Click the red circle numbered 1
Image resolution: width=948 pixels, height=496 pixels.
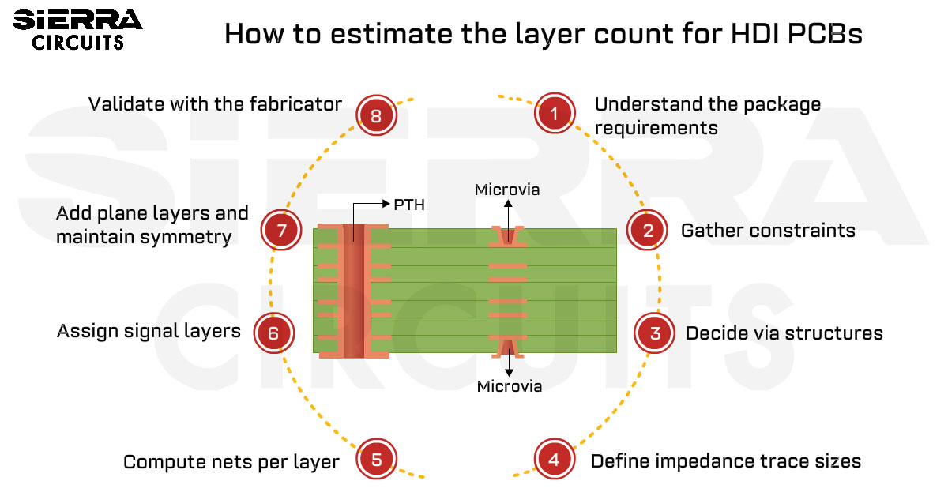(555, 113)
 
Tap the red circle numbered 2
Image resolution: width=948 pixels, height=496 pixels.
(647, 230)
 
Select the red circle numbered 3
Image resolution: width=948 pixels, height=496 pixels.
(654, 333)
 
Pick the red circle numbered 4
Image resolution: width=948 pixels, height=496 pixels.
(555, 459)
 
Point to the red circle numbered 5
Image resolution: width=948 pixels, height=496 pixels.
(376, 459)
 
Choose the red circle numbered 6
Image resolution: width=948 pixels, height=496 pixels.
(274, 333)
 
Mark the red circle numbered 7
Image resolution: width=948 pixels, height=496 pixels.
(281, 230)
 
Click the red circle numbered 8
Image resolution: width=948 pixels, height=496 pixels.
(376, 115)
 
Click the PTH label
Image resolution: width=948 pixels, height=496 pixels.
(409, 205)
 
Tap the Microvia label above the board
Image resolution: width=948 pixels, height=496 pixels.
(507, 190)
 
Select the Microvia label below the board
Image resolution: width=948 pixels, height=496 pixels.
(509, 386)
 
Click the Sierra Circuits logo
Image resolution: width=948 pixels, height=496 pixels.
(77, 30)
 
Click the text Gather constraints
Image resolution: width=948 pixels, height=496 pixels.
(768, 231)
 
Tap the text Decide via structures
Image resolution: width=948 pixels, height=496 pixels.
(784, 333)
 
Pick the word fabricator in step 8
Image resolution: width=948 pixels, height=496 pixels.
(295, 104)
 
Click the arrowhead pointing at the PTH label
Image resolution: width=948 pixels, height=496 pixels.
(386, 204)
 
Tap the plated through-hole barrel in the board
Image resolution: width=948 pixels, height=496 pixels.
(354, 291)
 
